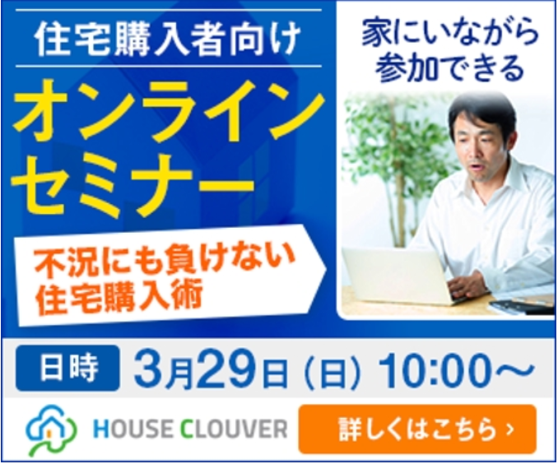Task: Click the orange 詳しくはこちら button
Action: click(x=417, y=429)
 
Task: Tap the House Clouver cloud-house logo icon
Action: click(x=51, y=429)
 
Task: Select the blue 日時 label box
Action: click(x=67, y=368)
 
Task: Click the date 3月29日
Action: click(x=210, y=369)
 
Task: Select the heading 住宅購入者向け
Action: click(x=168, y=39)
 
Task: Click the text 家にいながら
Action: click(x=450, y=34)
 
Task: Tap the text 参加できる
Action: click(x=450, y=67)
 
